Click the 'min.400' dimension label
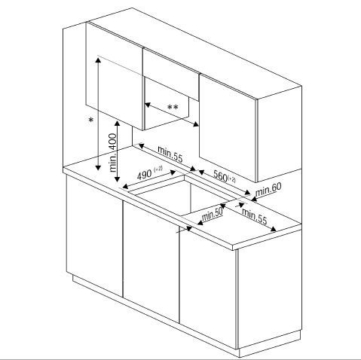coord(113,153)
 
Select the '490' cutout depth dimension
coord(144,175)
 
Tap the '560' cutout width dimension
coord(220,175)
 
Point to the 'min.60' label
coord(268,190)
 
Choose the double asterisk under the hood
coord(173,108)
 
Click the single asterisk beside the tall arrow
coord(91,121)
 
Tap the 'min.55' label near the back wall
coord(170,154)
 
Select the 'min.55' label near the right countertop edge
coord(254,216)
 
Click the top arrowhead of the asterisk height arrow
coord(98,59)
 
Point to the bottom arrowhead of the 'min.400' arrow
coord(117,179)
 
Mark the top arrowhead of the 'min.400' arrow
coord(117,124)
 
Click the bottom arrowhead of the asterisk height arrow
coord(98,167)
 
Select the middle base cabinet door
coord(151,261)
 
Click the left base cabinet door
coord(95,236)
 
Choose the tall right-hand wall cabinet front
coord(228,128)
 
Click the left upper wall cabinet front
coord(115,75)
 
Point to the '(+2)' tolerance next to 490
coord(158,169)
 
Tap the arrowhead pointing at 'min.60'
coord(254,199)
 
